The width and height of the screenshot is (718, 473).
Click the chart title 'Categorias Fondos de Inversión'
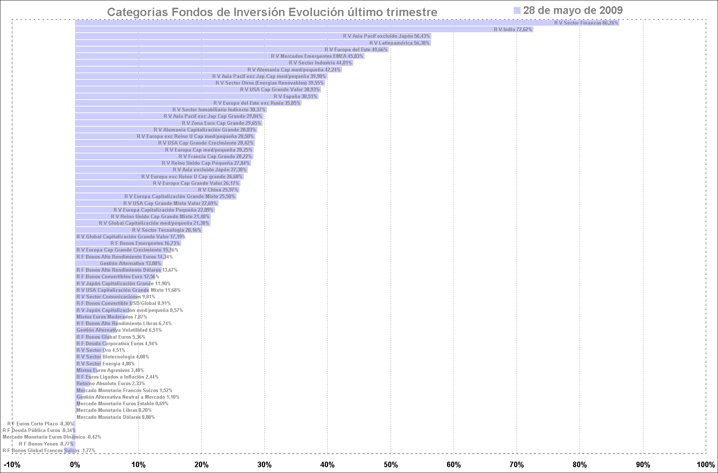tap(272, 12)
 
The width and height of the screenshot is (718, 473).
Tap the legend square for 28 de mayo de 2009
tap(517, 11)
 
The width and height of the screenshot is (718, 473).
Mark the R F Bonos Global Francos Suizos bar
tap(70, 450)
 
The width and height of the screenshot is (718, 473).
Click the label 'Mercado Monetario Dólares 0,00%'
tap(116, 417)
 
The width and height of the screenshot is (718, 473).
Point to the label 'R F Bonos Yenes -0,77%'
tap(46, 444)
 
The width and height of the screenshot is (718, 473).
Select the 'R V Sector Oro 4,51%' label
tap(101, 350)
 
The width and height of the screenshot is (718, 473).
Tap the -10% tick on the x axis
tap(12, 465)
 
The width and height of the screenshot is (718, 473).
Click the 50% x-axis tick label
tap(391, 465)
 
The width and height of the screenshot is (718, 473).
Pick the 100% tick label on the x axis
tap(706, 465)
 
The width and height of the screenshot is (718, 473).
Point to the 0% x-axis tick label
tap(75, 465)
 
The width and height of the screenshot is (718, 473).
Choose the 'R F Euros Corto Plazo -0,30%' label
tap(40, 424)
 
